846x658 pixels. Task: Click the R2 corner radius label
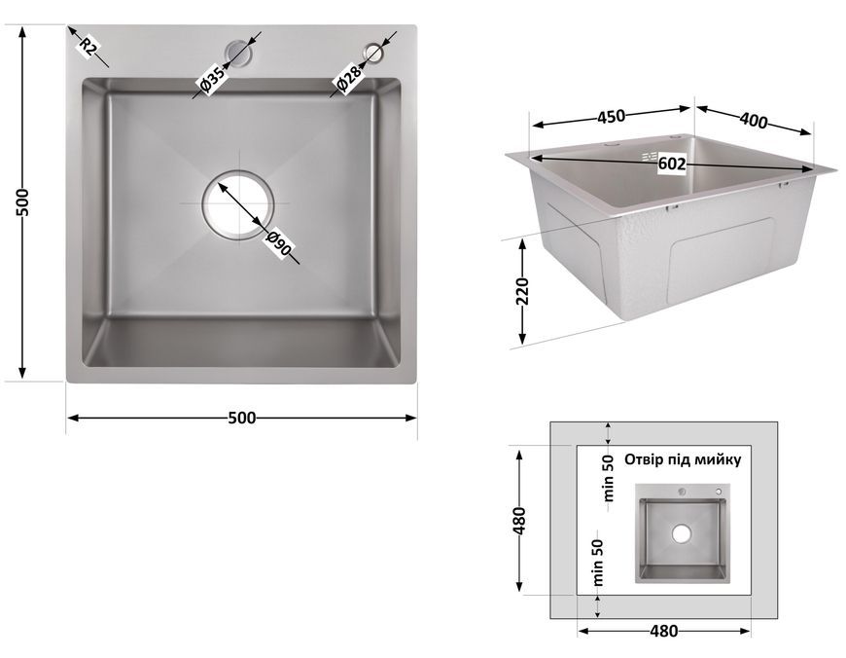point(88,47)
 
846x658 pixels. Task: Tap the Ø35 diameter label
point(212,80)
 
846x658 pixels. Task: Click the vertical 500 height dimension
point(22,202)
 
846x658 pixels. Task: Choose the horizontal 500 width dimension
point(242,418)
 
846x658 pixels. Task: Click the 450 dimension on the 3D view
point(611,116)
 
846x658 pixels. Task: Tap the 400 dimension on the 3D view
point(754,121)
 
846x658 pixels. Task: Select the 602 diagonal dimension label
point(672,164)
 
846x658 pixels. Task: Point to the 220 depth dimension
point(522,292)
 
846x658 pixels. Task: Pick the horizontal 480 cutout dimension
point(663,631)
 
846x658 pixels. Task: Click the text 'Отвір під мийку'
point(683,459)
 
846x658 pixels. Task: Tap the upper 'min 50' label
point(608,478)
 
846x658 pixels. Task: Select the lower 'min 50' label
point(598,563)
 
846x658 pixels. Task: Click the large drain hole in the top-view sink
point(238,204)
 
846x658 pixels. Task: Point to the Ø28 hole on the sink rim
point(373,53)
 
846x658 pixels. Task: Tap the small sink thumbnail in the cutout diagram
point(682,533)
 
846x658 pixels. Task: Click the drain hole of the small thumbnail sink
point(682,533)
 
